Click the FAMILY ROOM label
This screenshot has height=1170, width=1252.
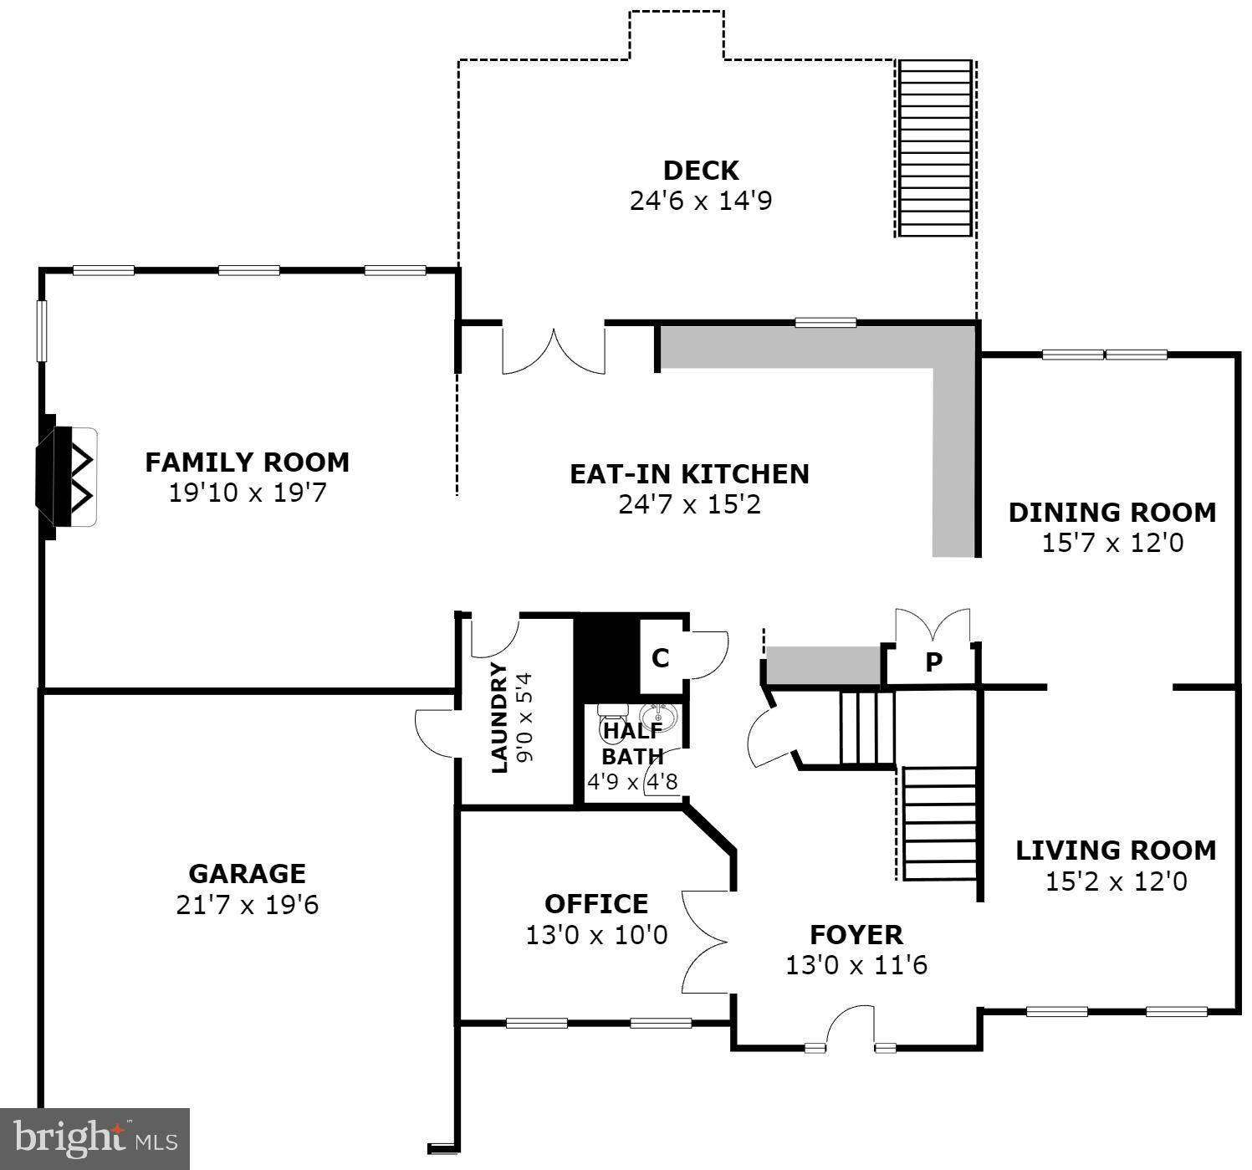click(x=247, y=462)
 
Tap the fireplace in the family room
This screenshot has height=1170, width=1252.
click(x=68, y=478)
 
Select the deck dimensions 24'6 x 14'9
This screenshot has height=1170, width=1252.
click(x=700, y=201)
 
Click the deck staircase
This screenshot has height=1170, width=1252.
click(x=935, y=149)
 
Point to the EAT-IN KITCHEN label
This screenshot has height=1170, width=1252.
click(x=689, y=473)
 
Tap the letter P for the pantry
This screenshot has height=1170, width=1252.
click(x=933, y=662)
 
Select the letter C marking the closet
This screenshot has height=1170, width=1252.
click(x=660, y=658)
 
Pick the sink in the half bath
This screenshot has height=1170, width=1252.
click(x=659, y=717)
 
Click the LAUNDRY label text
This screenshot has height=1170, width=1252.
click(x=498, y=718)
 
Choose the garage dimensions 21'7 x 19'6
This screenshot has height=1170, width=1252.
click(x=247, y=905)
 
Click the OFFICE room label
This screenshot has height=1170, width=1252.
click(x=595, y=903)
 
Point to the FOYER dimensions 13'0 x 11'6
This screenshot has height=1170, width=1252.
click(x=856, y=965)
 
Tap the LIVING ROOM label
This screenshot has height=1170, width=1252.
click(x=1115, y=850)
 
